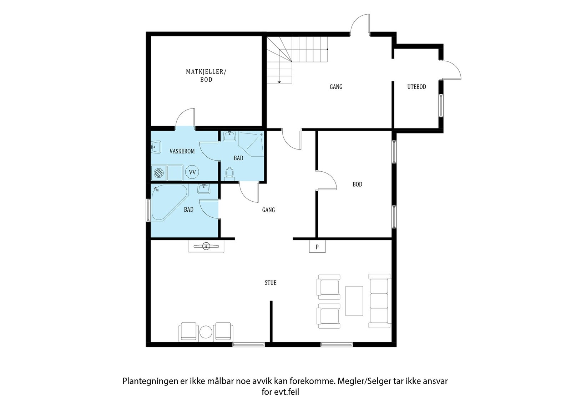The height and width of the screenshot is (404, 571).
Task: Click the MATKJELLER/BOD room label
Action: coord(206,75)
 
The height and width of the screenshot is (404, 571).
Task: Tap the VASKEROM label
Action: coord(182,151)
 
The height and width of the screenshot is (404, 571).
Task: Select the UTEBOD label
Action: coord(416,87)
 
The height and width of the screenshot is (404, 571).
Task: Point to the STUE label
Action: coord(271,283)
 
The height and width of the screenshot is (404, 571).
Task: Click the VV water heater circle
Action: coord(192,172)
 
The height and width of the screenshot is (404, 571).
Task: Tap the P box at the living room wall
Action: coord(317,247)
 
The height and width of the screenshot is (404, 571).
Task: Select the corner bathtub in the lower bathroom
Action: coord(169,203)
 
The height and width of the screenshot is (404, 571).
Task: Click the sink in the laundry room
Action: coord(156,147)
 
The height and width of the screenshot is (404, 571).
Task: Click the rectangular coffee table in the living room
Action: coord(354,301)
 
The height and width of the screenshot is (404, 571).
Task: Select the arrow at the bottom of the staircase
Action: coord(279,82)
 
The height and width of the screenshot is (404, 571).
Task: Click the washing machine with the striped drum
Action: coord(158,173)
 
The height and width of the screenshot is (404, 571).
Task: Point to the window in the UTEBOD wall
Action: coord(441,106)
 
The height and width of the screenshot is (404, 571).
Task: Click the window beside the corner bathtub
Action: coord(148,210)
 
